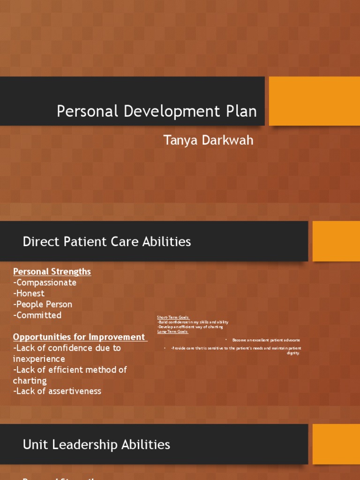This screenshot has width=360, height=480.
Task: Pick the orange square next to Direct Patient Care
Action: click(336, 241)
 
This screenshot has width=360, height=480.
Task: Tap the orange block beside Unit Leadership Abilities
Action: click(336, 444)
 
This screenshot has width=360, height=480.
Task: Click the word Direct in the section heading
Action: click(38, 242)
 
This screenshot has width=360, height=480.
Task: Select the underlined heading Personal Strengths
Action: click(52, 271)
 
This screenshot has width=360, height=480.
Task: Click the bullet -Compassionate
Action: click(45, 283)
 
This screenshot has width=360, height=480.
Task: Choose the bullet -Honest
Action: click(29, 293)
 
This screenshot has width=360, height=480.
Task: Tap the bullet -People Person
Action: click(43, 304)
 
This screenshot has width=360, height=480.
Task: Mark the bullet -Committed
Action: click(37, 315)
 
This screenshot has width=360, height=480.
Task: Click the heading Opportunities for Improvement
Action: click(79, 337)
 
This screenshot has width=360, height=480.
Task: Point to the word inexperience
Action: click(39, 359)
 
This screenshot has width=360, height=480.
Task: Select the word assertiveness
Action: click(70, 391)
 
